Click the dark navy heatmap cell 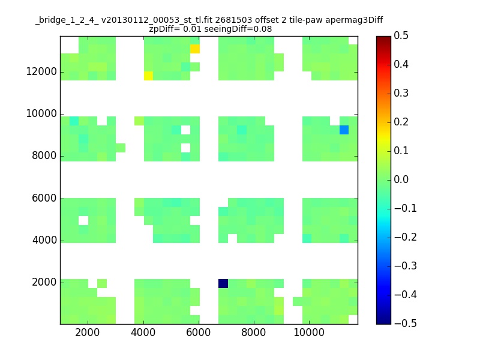pos(223,283)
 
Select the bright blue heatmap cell pos(344,130)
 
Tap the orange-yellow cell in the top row pos(195,49)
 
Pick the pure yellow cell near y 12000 pos(148,76)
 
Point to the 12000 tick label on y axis pos(41,71)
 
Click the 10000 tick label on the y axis pos(41,113)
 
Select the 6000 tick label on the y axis pos(44,198)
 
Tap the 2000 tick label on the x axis pos(88,332)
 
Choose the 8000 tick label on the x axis pos(253,332)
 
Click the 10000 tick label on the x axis pos(309,332)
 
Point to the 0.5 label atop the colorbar pos(401,35)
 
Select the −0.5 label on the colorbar pos(406,323)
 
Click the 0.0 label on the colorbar pos(401,179)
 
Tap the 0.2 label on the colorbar pos(401,122)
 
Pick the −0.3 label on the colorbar pos(406,266)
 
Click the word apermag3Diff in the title pos(354,20)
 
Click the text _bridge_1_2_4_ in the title pos(67,20)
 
